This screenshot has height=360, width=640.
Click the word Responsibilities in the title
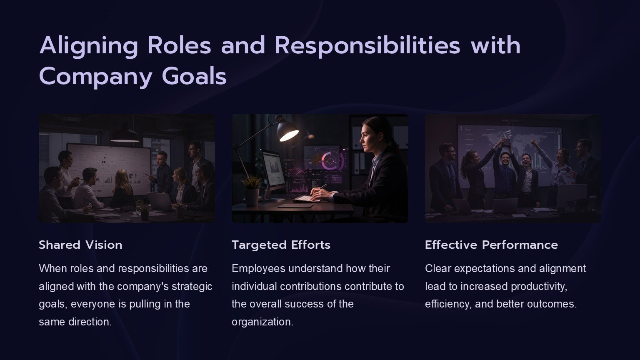pos(367,46)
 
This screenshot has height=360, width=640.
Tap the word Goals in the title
pos(194,76)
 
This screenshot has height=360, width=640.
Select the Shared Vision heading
pos(80,245)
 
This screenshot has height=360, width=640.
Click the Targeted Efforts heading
pos(281,245)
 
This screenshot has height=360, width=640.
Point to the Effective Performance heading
pos(491,245)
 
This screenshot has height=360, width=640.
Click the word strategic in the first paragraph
pos(192,286)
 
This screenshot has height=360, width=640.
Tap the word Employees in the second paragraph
pos(259,269)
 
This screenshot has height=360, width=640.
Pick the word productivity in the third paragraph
pos(539,286)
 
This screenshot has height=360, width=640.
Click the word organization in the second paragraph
pos(262,322)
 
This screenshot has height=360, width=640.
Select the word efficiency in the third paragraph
pos(448,304)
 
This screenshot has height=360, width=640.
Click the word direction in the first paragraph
pos(90,322)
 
